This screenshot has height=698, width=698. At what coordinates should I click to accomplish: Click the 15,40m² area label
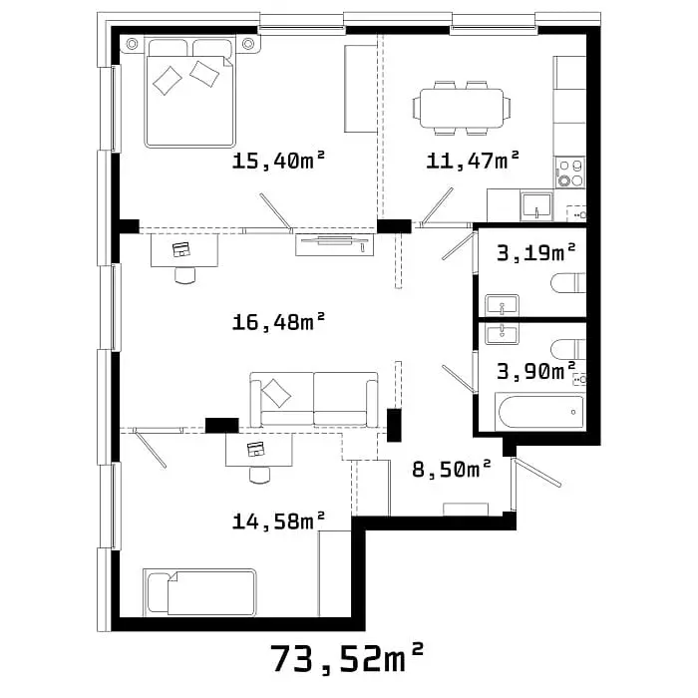click(278, 161)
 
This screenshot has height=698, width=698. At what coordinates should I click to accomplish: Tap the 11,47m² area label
click(473, 161)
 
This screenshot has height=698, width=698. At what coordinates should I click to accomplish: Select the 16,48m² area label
click(278, 321)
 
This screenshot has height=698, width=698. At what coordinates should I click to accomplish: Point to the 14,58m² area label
click(278, 521)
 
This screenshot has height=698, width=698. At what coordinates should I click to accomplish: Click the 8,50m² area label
click(452, 469)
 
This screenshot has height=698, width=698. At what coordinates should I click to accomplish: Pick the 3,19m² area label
click(536, 253)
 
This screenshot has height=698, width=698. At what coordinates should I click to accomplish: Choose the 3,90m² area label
click(536, 371)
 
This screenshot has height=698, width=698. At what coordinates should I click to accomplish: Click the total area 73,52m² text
click(346, 658)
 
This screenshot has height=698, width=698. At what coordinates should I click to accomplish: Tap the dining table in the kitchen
click(461, 108)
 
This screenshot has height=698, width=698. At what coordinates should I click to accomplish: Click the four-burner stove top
click(569, 173)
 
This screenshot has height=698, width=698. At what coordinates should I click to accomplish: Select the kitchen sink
click(536, 206)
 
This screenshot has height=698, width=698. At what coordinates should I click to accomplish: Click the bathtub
click(540, 412)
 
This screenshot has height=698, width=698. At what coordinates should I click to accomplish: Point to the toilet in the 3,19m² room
click(568, 282)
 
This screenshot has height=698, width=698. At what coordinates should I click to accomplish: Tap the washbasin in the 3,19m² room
click(503, 305)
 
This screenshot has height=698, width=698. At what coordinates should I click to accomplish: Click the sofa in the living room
click(314, 400)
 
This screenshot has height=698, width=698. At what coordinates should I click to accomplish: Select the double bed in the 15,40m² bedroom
click(190, 93)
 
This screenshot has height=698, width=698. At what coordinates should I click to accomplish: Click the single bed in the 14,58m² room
click(199, 592)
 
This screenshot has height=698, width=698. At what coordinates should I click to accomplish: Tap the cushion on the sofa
click(276, 393)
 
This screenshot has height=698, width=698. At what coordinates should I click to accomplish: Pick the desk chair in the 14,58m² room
click(260, 475)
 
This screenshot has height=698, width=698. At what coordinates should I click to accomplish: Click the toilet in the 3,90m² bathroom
click(568, 349)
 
